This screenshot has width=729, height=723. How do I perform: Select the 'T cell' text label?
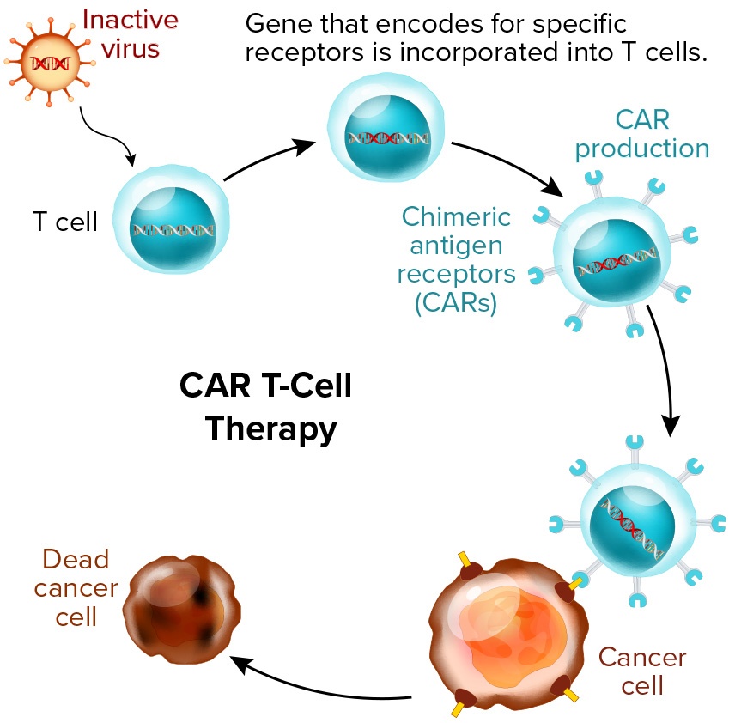[65, 222]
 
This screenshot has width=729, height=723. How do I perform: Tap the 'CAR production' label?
[641, 133]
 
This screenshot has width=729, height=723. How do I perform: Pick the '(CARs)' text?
[456, 303]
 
